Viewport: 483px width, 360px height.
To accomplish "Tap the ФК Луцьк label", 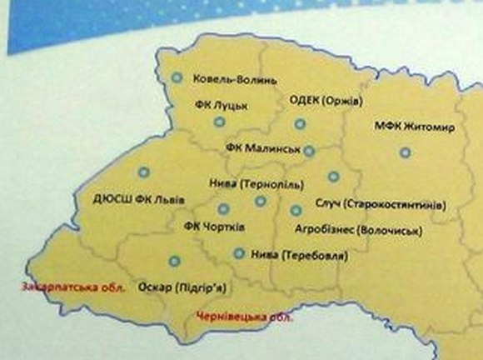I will pyautogui.click(x=215, y=106).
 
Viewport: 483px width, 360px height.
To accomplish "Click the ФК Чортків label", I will pyautogui.click(x=212, y=227).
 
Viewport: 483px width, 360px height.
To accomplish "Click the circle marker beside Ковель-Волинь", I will pyautogui.click(x=177, y=78).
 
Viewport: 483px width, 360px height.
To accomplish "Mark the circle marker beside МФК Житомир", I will pyautogui.click(x=405, y=152).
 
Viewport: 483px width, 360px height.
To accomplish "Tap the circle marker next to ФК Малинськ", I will pyautogui.click(x=309, y=151).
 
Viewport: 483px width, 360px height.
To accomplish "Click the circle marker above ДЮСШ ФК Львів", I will pyautogui.click(x=142, y=172).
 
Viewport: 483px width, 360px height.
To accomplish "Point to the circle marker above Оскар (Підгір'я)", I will pyautogui.click(x=173, y=259).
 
